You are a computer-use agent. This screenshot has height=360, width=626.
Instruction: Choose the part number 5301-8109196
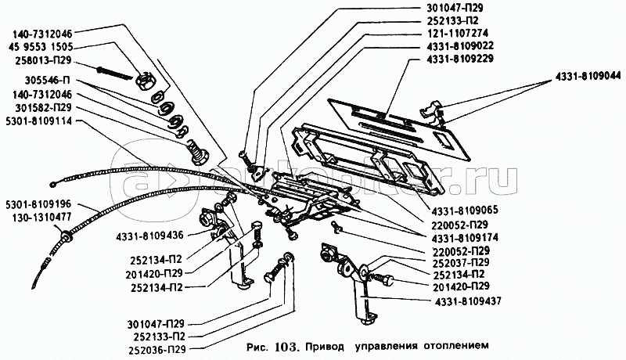pos(38,204)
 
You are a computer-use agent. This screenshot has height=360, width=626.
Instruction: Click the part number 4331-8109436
pos(150,236)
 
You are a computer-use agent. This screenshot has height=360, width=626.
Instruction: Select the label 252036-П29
pos(157,350)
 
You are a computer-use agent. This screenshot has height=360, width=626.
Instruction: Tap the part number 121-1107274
pos(456,33)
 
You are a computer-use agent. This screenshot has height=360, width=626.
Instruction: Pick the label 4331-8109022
pos(459,45)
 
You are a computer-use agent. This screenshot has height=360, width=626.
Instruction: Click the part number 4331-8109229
pos(459,59)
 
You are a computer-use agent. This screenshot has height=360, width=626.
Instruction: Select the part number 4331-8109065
pos(464,211)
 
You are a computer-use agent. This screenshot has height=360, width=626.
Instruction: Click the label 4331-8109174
pos(464,238)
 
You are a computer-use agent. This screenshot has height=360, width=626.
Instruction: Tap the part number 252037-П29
pos(462,263)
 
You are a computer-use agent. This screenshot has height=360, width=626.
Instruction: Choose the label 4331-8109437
pos(466,301)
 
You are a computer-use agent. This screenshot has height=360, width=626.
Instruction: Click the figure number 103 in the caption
pos(285,346)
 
